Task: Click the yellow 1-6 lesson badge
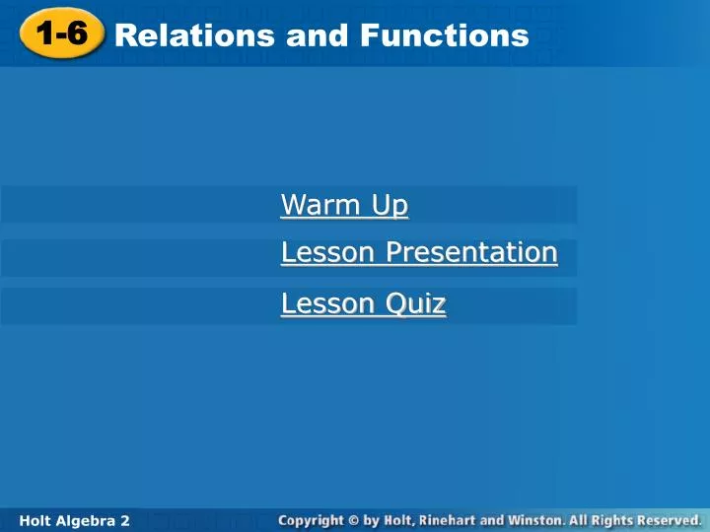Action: pos(62,33)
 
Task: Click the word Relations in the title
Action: pos(194,35)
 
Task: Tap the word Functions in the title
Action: pos(444,35)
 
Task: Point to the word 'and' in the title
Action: pos(317,35)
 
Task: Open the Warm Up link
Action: pos(344,205)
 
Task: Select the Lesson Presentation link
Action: pos(419,252)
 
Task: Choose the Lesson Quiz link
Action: pos(364,303)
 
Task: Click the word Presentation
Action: pos(471,252)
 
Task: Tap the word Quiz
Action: pos(416,303)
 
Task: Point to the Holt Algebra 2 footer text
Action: pos(74,521)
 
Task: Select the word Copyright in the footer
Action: pos(311,521)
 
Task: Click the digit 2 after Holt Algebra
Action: pos(124,521)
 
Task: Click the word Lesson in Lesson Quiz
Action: pos(327,303)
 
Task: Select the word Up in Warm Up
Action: pos(390,205)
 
